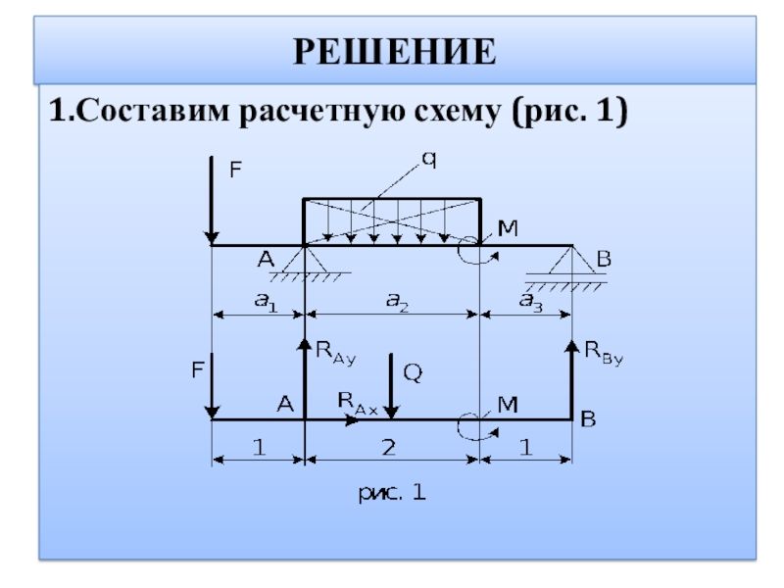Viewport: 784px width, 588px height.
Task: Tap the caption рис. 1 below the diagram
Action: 390,494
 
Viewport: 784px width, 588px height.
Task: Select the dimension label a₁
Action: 266,304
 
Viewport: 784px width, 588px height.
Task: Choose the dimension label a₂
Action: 396,304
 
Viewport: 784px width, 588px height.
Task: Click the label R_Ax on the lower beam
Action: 358,401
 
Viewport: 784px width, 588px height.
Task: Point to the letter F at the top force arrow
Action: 235,169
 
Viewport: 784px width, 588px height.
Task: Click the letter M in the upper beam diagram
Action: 508,228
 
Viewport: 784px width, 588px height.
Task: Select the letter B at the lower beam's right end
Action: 589,419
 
